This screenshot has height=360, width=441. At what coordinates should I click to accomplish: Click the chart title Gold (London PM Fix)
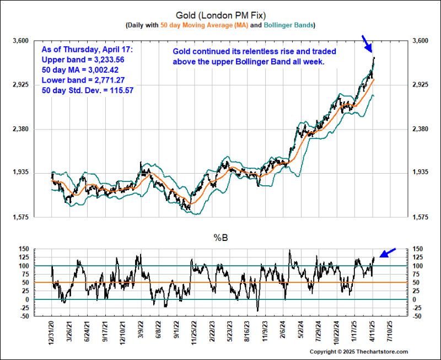[x=220, y=15]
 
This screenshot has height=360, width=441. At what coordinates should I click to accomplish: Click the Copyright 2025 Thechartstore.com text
[x=359, y=352]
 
